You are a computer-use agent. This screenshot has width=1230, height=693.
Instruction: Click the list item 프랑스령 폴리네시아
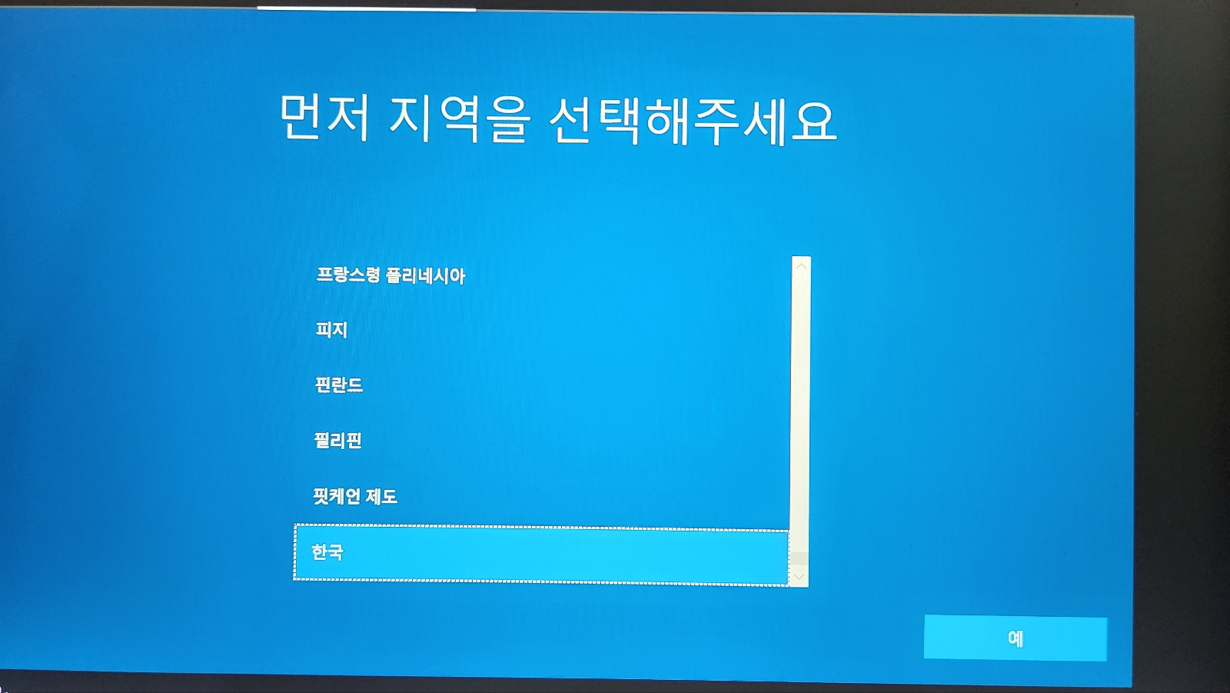(391, 275)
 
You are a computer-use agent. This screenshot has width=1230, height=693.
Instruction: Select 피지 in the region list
(331, 330)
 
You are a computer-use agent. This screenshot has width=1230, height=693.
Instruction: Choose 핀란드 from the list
(338, 385)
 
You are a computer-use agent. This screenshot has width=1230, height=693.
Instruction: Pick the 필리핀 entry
(337, 440)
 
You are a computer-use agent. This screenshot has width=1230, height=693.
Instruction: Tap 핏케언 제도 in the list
(354, 496)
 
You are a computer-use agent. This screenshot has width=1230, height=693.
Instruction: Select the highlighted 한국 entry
(541, 554)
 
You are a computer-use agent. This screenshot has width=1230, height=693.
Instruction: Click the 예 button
(1016, 638)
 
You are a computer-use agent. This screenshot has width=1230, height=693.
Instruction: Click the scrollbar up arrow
(801, 266)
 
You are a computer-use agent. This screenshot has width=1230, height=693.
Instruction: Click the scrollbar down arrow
(799, 577)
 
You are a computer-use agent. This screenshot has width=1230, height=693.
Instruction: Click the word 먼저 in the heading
(324, 117)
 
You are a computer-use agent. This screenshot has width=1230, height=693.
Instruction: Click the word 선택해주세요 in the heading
(693, 122)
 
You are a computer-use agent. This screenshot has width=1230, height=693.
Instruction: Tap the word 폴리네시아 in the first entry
(425, 275)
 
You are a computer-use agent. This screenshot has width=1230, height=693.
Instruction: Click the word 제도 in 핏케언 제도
(381, 497)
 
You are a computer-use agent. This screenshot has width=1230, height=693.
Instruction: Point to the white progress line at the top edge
(366, 8)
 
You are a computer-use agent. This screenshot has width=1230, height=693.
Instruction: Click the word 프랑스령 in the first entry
(347, 275)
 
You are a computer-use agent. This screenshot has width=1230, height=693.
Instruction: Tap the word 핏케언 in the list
(335, 496)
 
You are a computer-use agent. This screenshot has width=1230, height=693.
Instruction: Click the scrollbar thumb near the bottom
(799, 558)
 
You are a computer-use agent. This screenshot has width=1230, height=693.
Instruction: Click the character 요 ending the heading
(814, 124)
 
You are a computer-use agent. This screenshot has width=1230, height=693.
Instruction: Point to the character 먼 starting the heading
(300, 116)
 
